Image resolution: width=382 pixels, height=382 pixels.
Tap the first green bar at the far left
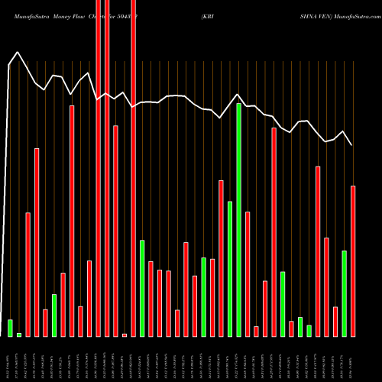(10, 328)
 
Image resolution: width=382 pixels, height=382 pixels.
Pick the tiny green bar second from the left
(19, 335)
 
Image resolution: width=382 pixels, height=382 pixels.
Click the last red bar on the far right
(353, 261)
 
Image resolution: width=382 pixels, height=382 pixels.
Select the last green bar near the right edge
(345, 293)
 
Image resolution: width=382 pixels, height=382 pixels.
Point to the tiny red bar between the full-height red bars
(125, 335)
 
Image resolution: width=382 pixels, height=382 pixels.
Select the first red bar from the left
(28, 274)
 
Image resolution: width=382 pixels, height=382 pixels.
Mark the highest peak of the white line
(17, 53)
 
